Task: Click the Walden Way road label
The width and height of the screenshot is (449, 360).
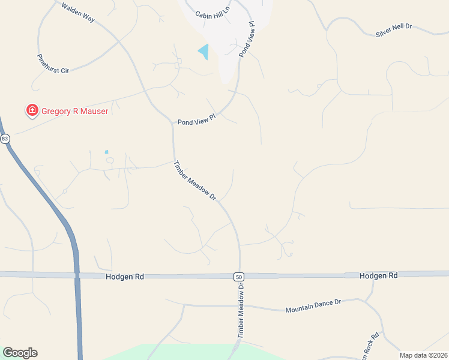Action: pos(78,12)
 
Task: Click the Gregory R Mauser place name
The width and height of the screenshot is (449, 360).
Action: pos(74,111)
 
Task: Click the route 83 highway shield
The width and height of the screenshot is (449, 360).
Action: pos(5,139)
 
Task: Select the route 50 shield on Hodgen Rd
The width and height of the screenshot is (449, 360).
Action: pos(238,276)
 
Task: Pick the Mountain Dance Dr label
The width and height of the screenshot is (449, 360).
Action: pos(313,306)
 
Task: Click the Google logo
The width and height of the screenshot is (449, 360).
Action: pos(20,353)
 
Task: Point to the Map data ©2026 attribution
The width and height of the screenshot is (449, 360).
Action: pos(424,355)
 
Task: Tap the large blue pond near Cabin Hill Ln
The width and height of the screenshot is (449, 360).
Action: pos(204,52)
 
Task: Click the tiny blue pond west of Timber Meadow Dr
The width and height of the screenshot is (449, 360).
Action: pos(107,152)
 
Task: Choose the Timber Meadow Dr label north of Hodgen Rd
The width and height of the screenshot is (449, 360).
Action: pos(194,180)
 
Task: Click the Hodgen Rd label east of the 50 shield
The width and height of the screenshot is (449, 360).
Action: pos(379,275)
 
